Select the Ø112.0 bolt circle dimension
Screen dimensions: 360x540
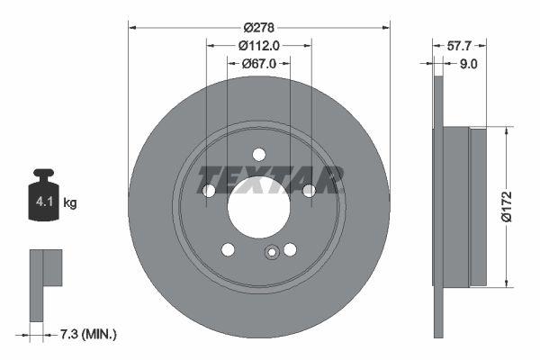(x=259, y=45)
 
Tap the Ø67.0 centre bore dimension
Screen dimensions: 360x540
(x=259, y=64)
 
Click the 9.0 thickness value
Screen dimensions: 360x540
(x=468, y=64)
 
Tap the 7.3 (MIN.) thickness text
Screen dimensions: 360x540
(x=87, y=334)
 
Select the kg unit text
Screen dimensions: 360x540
(x=70, y=203)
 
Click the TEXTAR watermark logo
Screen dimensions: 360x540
(x=270, y=179)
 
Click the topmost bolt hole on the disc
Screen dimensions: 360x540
(x=259, y=153)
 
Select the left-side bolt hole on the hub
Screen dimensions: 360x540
(x=209, y=191)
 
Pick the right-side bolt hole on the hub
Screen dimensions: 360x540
(x=309, y=190)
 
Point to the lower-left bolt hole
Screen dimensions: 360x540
(x=229, y=248)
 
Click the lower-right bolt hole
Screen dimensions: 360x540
(x=290, y=249)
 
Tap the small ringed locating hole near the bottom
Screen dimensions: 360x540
(x=271, y=253)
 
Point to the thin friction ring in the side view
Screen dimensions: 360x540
(x=438, y=205)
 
